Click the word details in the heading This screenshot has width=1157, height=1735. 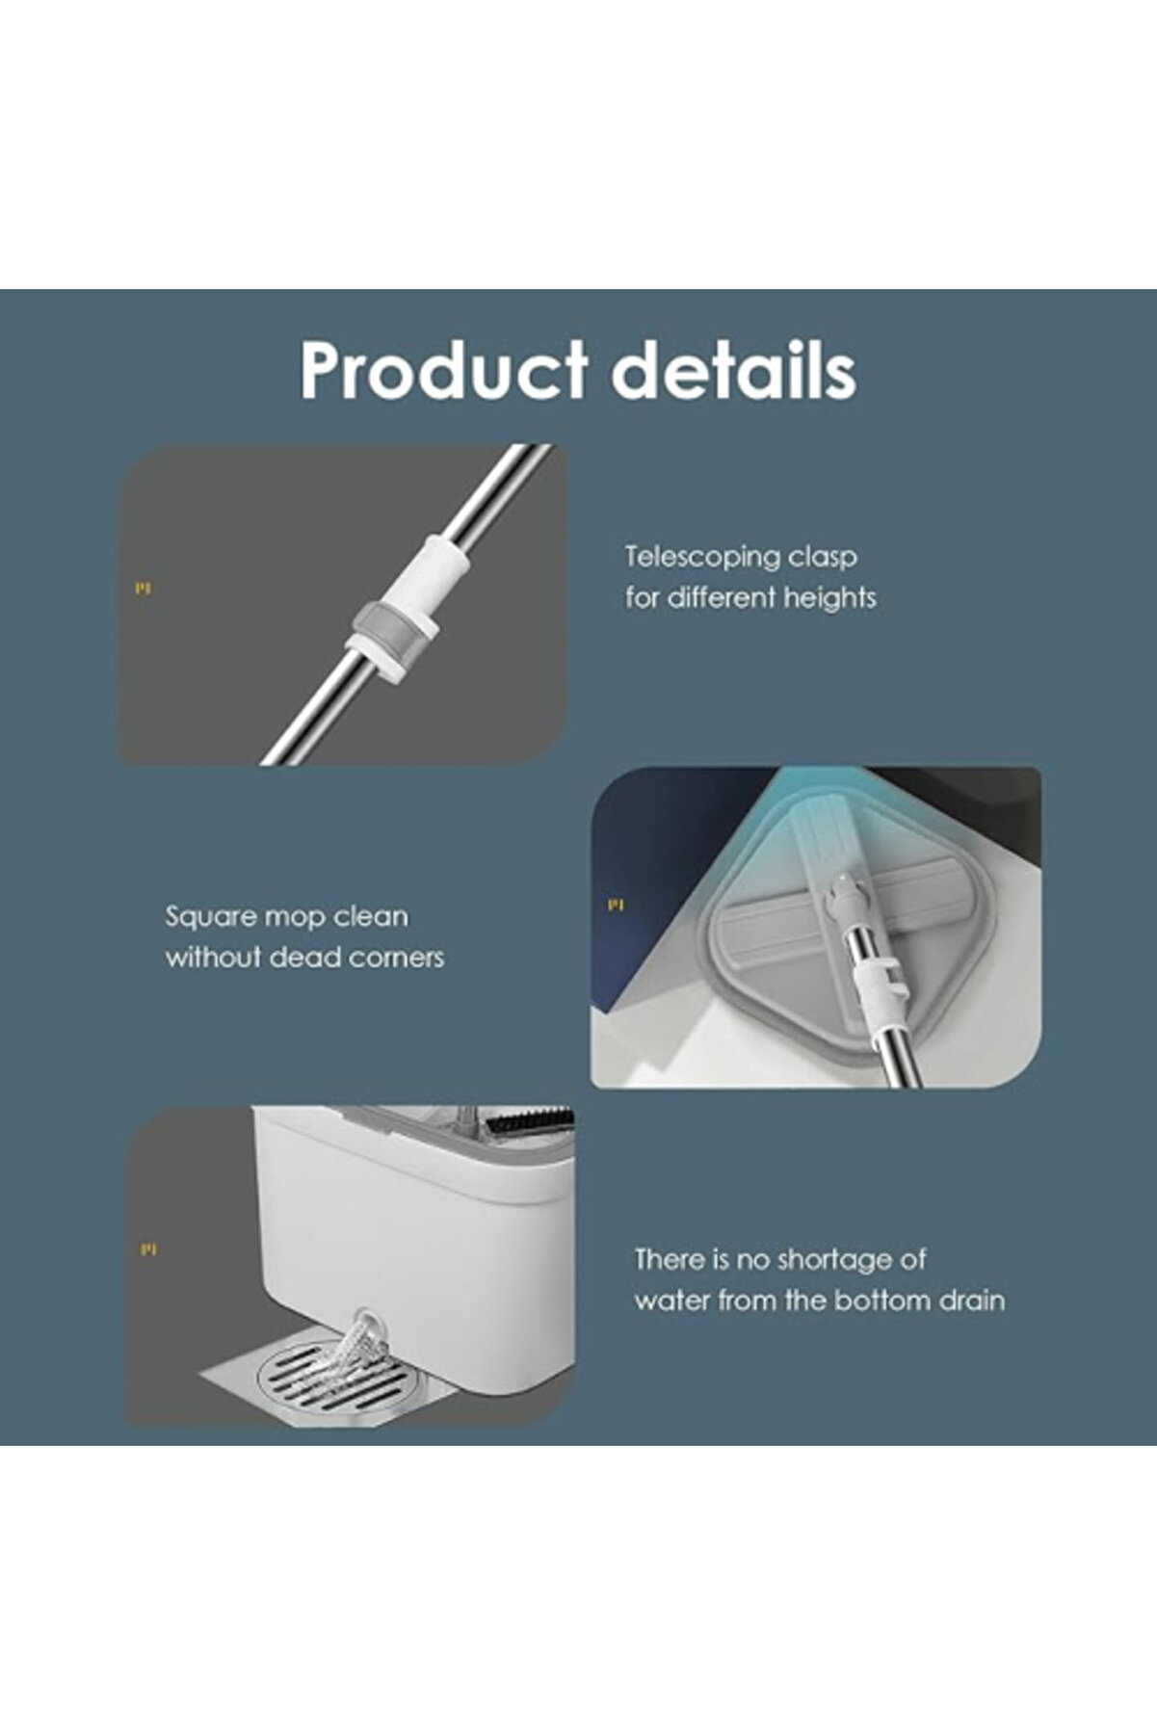tap(734, 368)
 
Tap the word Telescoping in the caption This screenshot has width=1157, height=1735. tap(702, 558)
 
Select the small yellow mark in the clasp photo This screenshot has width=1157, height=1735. tap(143, 589)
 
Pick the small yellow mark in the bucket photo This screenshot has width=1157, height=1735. tap(147, 1250)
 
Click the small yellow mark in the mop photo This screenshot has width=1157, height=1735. tap(616, 906)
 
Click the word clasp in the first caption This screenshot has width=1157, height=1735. tap(822, 558)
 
